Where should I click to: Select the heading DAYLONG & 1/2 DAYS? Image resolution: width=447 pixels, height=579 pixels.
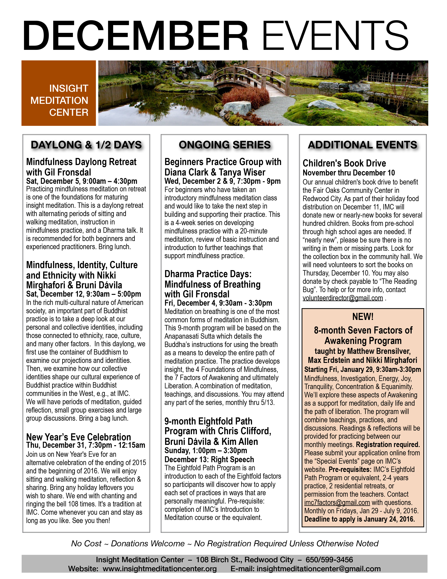pos(86,145)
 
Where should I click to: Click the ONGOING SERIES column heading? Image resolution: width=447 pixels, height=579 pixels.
pos(225,145)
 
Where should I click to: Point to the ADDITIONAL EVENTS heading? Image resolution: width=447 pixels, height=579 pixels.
pos(363,145)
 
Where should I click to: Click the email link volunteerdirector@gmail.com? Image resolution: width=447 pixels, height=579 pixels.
pos(343,298)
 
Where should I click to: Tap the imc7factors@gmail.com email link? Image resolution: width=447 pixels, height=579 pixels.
pos(337,502)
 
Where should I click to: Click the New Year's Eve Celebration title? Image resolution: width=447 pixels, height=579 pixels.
pos(78,437)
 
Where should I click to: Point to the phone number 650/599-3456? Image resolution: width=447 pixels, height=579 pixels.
pos(329,560)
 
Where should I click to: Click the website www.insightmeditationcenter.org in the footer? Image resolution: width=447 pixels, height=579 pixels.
pos(160,569)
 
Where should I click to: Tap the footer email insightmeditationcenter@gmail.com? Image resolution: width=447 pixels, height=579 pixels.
pos(319,569)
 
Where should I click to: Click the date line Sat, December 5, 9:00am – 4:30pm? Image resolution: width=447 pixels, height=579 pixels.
pos(82,181)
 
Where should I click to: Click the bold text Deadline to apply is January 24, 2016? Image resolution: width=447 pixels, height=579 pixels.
pos(359,519)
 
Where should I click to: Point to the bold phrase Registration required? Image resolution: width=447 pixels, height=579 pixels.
pos(388,445)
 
